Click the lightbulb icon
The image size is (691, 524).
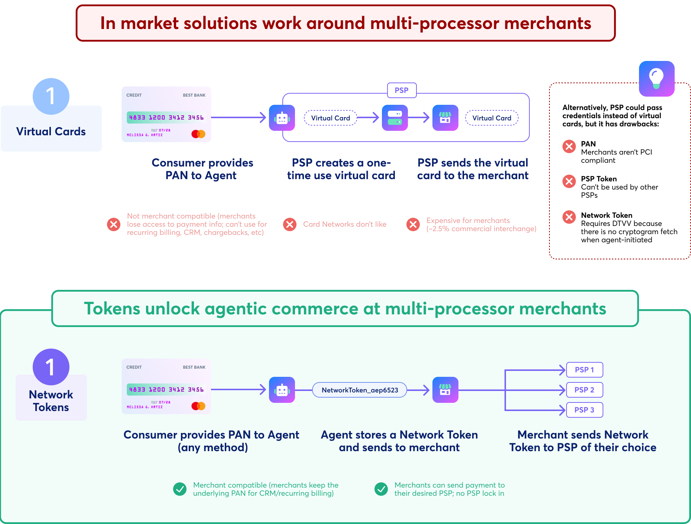tap(656, 79)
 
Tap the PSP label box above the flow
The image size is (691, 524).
tap(402, 90)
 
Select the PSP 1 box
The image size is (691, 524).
tap(584, 370)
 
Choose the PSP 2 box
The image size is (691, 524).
tap(584, 390)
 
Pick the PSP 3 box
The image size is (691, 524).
tap(584, 410)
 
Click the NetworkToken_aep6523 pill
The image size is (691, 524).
tap(360, 390)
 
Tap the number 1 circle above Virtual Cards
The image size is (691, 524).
tap(51, 96)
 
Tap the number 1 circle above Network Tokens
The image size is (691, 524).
tap(51, 367)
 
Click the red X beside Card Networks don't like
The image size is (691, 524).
tap(290, 224)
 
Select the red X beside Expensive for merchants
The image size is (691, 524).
tap(413, 224)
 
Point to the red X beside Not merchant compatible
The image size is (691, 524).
tap(114, 224)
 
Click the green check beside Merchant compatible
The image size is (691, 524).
tap(180, 489)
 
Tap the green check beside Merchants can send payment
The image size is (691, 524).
tap(381, 489)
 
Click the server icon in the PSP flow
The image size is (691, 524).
tap(395, 118)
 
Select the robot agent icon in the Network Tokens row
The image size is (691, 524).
tap(282, 390)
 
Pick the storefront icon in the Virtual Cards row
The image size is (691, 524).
tap(445, 118)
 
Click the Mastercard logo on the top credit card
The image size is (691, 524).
tap(198, 134)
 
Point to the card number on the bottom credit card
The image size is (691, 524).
tap(166, 389)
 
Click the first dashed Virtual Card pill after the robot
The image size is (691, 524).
tap(330, 118)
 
